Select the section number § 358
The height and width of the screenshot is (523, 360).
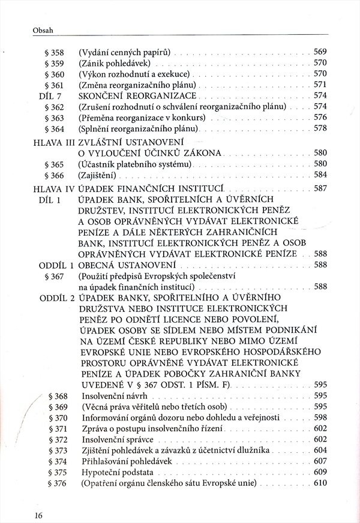(54, 52)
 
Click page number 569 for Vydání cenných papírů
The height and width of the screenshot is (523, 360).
(320, 52)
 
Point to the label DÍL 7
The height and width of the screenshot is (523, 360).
(50, 95)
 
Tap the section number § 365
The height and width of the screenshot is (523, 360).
(54, 164)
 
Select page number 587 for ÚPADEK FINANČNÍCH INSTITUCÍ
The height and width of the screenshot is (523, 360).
(320, 188)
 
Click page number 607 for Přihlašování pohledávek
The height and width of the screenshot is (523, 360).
(320, 461)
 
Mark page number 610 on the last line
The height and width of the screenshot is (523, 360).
(320, 483)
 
